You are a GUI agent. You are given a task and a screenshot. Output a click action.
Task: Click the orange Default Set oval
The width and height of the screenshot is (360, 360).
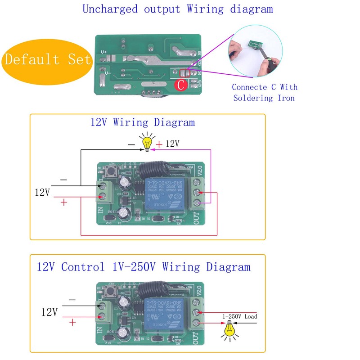click(x=47, y=59)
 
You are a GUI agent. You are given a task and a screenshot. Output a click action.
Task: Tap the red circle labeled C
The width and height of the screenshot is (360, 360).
click(x=180, y=85)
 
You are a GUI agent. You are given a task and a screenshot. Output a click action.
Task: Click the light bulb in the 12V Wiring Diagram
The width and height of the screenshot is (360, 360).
click(x=147, y=143)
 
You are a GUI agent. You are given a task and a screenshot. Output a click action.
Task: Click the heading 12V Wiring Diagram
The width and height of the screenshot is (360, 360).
click(x=143, y=122)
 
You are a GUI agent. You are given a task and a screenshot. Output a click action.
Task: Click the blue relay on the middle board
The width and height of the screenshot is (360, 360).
click(x=165, y=196)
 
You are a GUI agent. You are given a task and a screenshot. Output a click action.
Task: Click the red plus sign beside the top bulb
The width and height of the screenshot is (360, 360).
click(x=159, y=145)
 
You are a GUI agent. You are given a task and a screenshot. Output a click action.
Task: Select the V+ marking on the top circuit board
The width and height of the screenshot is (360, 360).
click(x=104, y=52)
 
